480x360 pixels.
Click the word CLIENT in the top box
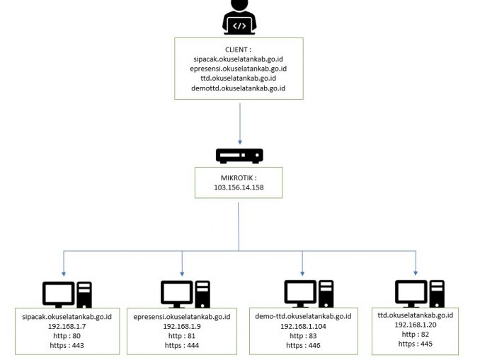236,49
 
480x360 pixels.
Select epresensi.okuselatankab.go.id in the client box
238,69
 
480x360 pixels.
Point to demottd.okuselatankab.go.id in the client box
238,88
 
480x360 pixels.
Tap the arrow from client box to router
239,124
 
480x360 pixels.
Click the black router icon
239,156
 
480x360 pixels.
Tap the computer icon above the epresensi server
184,294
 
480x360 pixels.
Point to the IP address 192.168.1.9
183,327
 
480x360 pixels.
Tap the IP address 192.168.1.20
416,323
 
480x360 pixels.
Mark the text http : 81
183,336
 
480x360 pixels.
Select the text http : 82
416,333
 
